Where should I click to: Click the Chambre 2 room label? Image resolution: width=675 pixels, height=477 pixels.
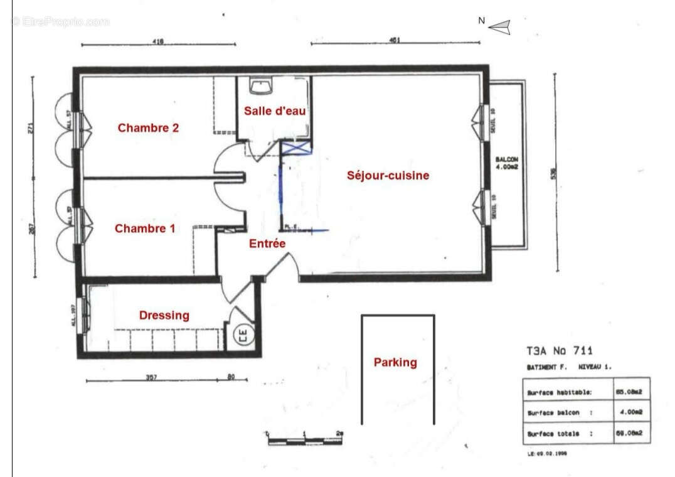tap(148, 128)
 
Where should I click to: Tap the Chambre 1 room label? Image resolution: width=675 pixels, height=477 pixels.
tap(145, 228)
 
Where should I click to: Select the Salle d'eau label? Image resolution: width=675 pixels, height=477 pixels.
tap(275, 111)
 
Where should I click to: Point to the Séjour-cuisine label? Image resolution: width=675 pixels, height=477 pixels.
tap(388, 176)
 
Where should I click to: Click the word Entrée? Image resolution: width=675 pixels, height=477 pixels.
tap(267, 244)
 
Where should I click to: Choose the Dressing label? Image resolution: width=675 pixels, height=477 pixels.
tap(164, 315)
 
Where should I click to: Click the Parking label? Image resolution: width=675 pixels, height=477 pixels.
tap(395, 362)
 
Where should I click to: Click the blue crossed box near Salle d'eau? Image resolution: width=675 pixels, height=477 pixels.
tap(297, 148)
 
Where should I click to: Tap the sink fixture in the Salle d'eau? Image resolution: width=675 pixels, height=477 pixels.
tap(259, 85)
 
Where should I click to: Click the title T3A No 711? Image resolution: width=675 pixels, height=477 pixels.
tap(559, 351)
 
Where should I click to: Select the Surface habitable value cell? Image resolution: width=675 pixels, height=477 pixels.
tap(629, 393)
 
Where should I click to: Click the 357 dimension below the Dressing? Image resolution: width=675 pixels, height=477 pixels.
tap(151, 378)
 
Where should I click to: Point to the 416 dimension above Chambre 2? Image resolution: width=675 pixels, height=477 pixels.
tap(157, 41)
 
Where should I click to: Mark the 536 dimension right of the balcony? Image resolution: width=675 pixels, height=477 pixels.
tap(553, 171)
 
